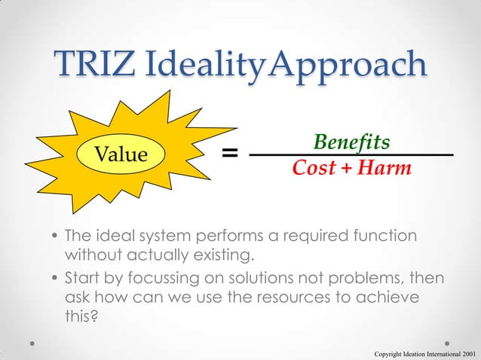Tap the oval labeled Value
[119, 155]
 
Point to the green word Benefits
[351, 142]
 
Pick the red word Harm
[384, 168]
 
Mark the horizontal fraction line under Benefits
[351, 154]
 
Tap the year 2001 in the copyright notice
[465, 352]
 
